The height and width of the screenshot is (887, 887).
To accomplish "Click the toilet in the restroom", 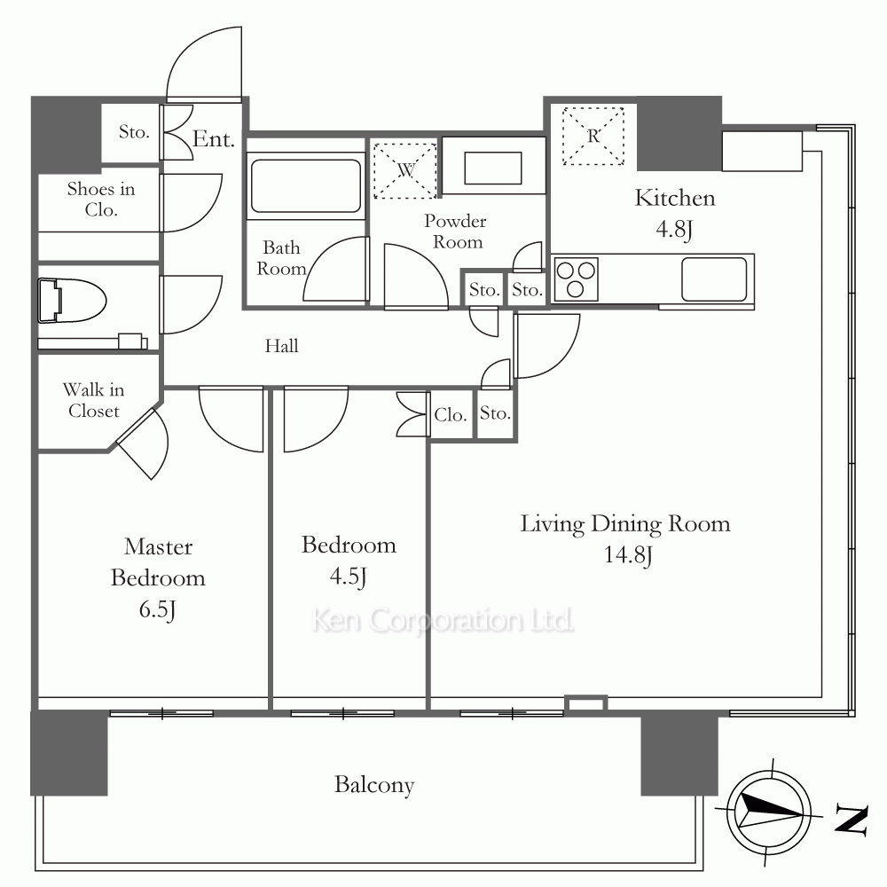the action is [x=72, y=301].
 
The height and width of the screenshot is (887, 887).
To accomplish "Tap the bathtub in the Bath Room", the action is [x=306, y=185].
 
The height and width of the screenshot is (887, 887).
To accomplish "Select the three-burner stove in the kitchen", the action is [x=576, y=279].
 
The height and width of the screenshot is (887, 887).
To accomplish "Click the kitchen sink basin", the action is [x=714, y=279].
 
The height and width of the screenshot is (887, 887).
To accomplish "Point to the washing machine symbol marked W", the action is [x=405, y=169].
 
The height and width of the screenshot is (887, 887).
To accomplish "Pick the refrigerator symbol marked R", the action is [x=593, y=136].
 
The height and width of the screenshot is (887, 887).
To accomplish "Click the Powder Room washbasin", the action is [x=492, y=168].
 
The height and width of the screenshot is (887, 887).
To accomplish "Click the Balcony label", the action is [x=374, y=785].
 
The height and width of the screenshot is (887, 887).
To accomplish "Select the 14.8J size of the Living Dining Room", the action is [x=628, y=554].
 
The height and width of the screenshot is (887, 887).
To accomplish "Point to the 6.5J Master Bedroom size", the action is [x=157, y=609].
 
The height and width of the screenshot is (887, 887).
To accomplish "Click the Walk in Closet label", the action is [x=93, y=400].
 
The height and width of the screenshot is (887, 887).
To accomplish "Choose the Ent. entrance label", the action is [x=213, y=139].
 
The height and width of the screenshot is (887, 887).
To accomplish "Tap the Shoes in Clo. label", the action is [x=101, y=199].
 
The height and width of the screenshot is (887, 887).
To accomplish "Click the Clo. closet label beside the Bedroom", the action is [x=451, y=415].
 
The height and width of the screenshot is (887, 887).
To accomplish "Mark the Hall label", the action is [x=282, y=346].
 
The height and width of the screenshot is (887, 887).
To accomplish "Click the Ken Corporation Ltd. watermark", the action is [x=443, y=621].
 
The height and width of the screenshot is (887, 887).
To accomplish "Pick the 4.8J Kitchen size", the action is [x=674, y=229].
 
